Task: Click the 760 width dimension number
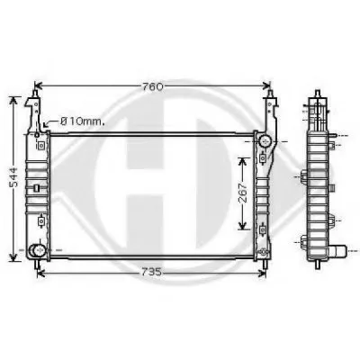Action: click(153, 86)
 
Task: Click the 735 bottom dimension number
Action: click(151, 272)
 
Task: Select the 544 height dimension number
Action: click(13, 177)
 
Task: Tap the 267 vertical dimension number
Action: click(243, 193)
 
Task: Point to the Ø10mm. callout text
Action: click(83, 121)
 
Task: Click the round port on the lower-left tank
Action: click(38, 249)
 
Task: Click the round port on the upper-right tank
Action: click(265, 140)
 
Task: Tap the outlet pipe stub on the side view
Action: click(338, 251)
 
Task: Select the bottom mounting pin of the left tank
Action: click(37, 264)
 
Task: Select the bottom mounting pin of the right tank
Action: click(265, 264)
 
